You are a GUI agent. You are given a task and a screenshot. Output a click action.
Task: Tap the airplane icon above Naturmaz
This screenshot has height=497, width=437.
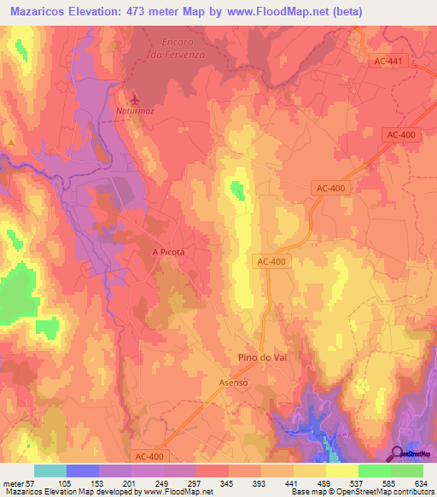tap(129, 97)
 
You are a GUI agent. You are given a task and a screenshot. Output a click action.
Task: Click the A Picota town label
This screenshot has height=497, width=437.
tap(168, 253)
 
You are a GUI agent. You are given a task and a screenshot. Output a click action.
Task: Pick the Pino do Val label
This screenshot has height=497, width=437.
tap(259, 358)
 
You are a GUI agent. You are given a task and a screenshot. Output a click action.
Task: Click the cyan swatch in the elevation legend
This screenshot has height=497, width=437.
tap(50, 471)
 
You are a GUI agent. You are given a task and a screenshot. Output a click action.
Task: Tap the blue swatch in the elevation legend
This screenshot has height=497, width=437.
tap(83, 471)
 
